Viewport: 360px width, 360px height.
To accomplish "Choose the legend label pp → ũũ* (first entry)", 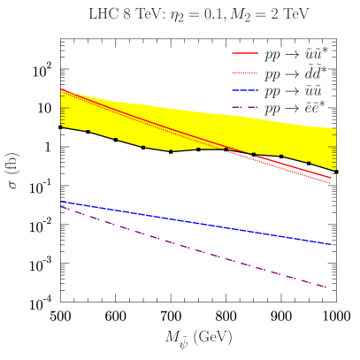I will coord(296,55).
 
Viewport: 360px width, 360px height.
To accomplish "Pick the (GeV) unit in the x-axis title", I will coord(212,337).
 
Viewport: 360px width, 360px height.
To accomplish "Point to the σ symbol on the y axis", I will coord(13,185).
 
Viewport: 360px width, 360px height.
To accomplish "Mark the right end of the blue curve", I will coord(331,244).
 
